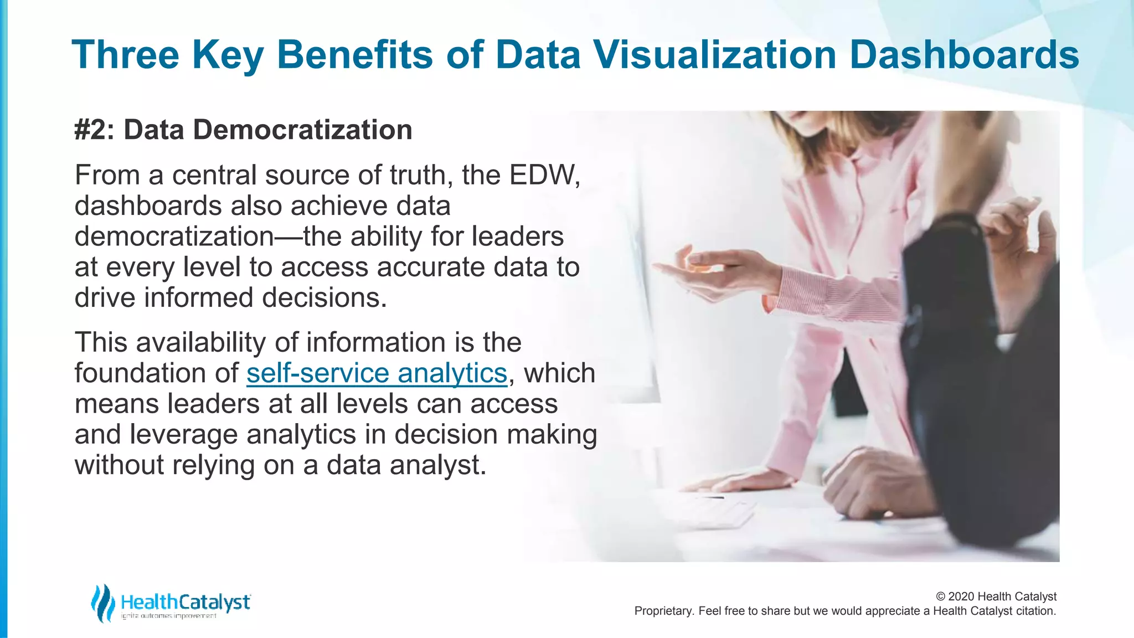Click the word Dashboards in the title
[x=963, y=55]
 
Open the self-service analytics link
[x=377, y=373]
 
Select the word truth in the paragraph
[x=417, y=176]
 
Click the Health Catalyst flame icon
[x=103, y=603]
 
